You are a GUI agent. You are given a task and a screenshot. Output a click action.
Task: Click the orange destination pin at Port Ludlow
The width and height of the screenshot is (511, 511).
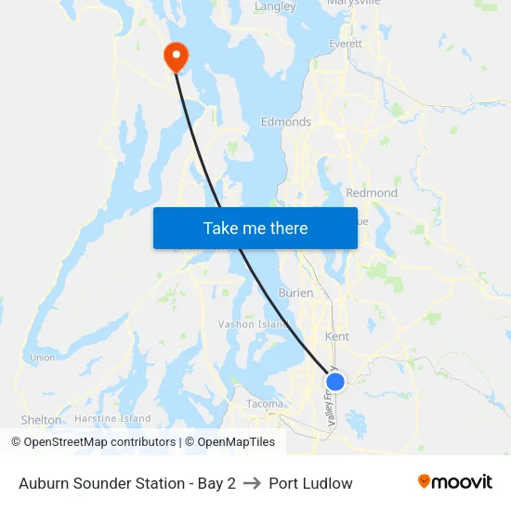[176, 57]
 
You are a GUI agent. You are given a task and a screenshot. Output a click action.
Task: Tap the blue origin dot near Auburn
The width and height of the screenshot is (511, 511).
[335, 381]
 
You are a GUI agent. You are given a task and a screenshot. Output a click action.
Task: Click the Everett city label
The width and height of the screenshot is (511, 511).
[345, 44]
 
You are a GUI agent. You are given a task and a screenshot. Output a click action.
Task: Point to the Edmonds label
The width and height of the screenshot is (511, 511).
[285, 122]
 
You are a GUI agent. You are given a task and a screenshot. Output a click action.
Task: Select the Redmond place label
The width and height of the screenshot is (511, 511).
[372, 193]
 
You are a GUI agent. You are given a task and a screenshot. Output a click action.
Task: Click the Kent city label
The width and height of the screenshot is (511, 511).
[336, 336]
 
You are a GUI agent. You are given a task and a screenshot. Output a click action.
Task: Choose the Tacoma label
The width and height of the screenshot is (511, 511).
[265, 403]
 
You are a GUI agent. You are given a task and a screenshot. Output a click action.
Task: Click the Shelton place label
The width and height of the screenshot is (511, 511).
[41, 420]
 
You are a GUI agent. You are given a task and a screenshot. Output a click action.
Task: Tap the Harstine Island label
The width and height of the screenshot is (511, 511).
[113, 419]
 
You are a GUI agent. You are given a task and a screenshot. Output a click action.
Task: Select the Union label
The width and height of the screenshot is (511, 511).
[42, 357]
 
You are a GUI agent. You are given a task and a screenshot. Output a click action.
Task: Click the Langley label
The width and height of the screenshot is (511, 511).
[275, 7]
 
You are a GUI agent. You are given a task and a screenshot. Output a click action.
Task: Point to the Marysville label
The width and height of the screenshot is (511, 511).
[355, 3]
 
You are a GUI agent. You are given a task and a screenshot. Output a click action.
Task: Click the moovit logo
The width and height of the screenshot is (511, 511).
[455, 481]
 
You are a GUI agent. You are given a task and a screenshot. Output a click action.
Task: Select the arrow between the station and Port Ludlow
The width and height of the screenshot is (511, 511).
[252, 483]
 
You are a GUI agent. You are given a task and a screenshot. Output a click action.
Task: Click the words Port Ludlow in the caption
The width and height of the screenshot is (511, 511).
[310, 483]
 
